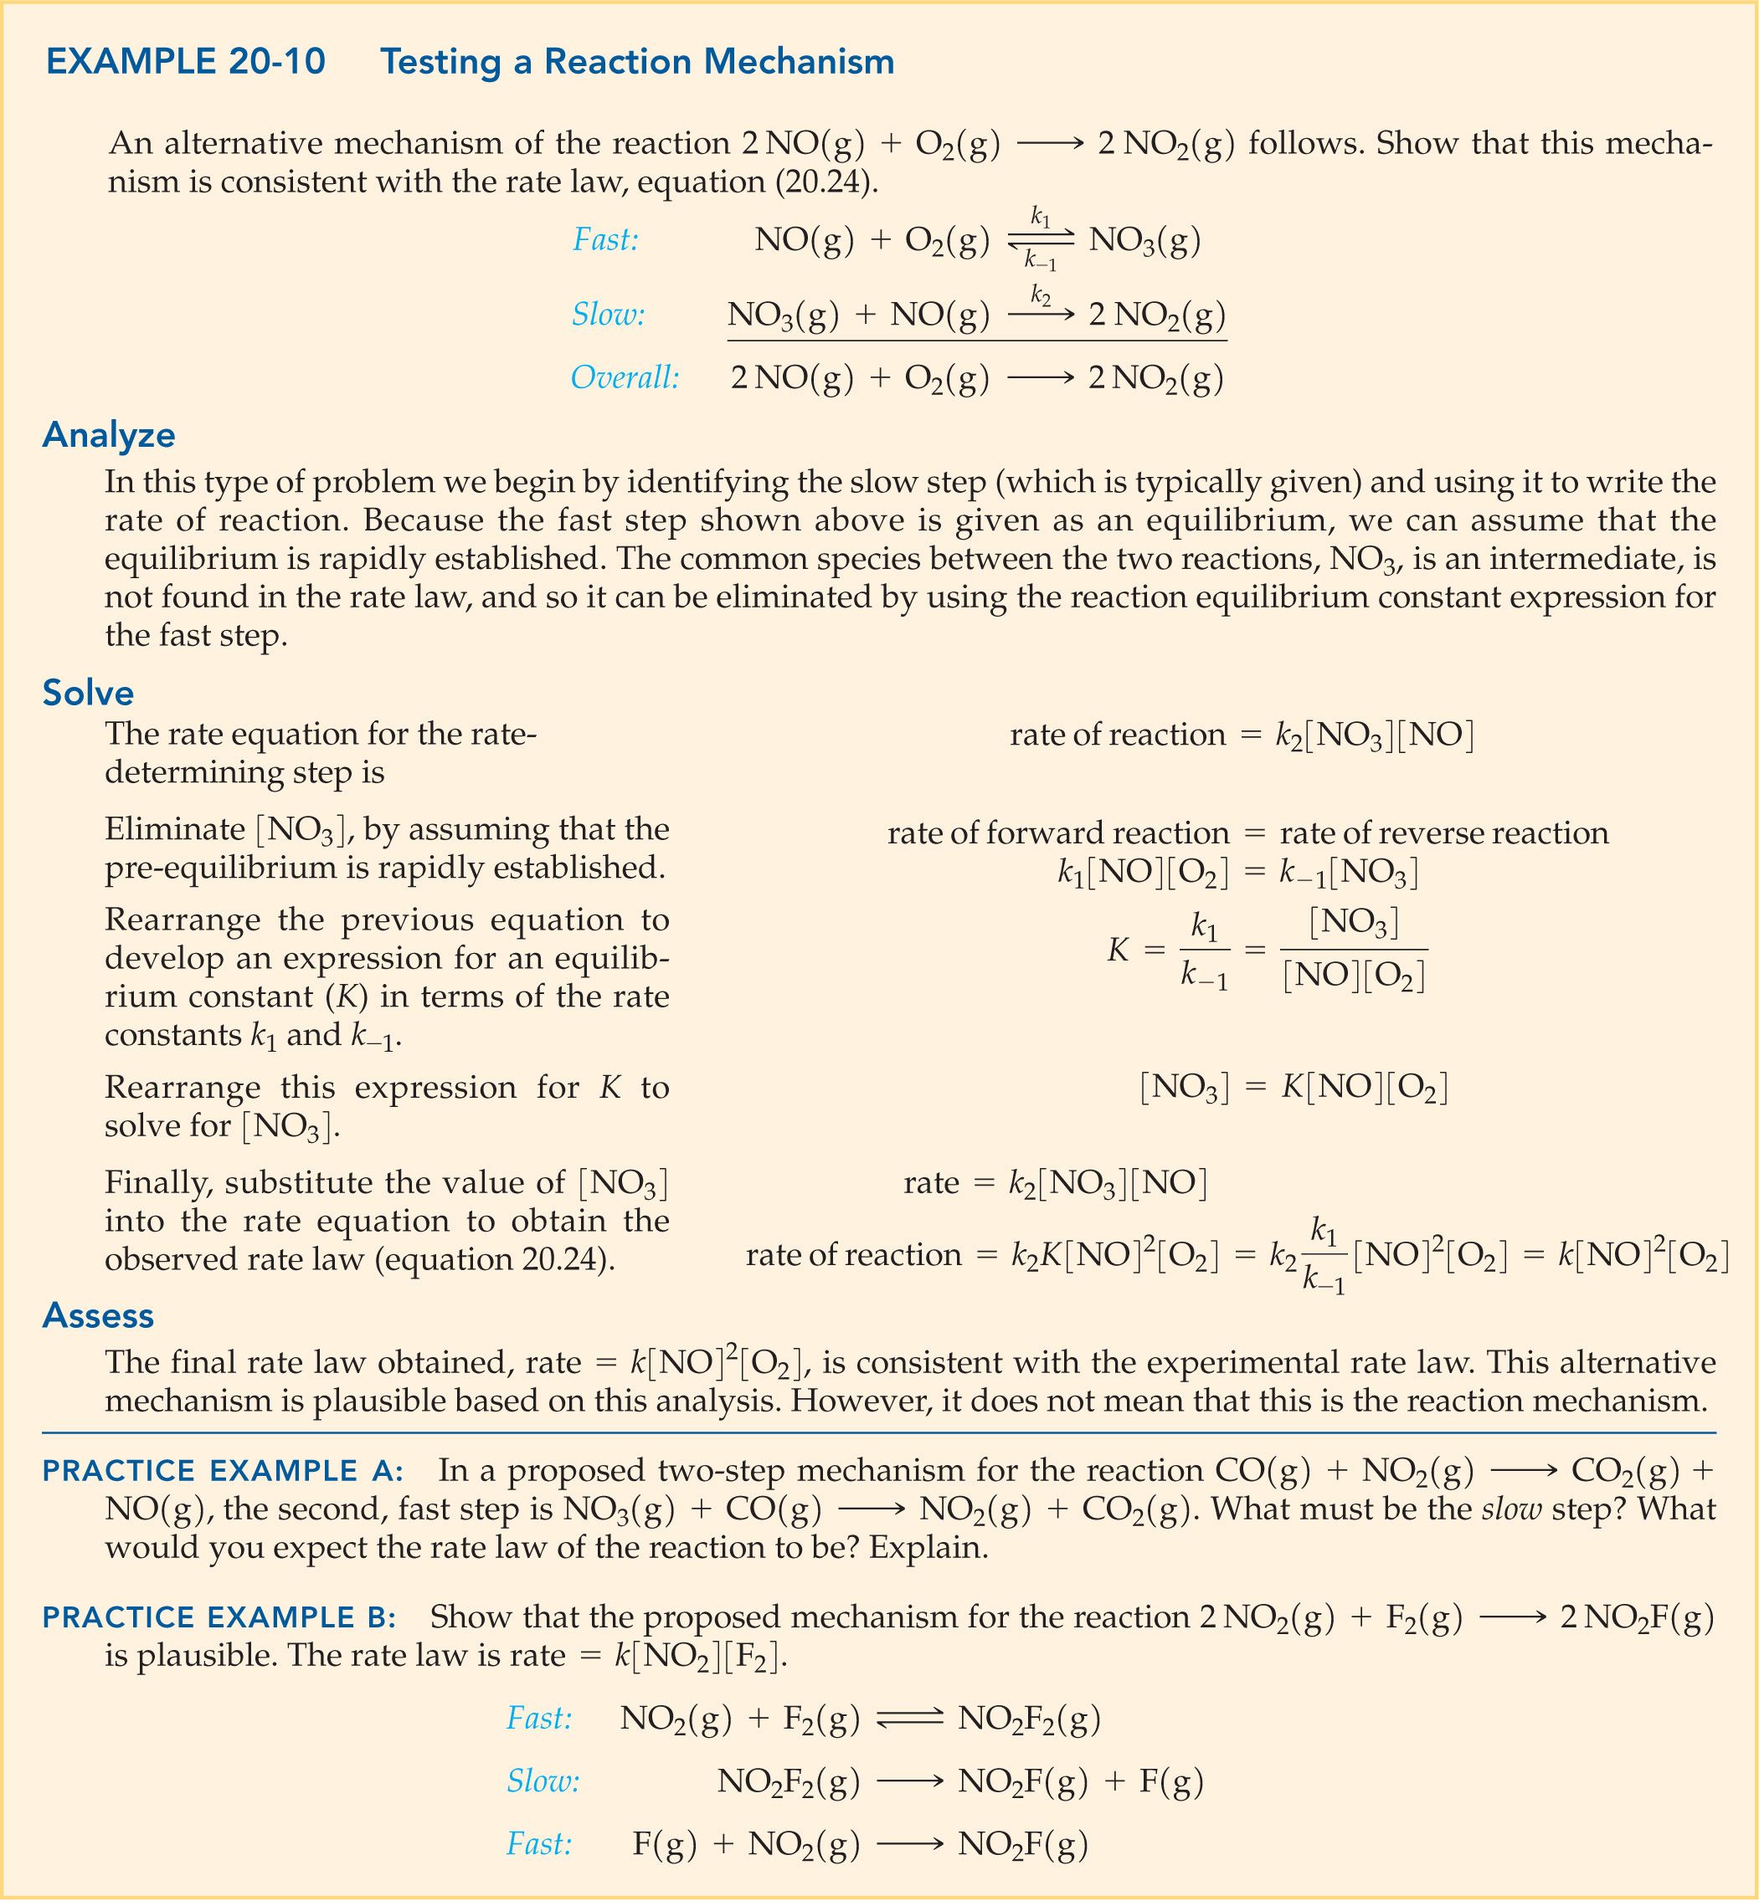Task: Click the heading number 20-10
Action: click(276, 62)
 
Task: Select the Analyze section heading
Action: click(109, 435)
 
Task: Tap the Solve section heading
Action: click(88, 692)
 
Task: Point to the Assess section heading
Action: click(98, 1315)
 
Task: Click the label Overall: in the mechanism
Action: click(625, 379)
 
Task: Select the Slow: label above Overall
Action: click(607, 314)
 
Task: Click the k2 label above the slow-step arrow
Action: click(1041, 296)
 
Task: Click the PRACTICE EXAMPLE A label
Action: click(223, 1471)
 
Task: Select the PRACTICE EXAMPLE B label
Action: click(219, 1617)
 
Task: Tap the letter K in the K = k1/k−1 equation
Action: click(1118, 950)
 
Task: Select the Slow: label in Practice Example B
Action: click(543, 1781)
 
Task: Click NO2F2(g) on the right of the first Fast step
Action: click(1029, 1719)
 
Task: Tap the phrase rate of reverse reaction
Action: click(1443, 833)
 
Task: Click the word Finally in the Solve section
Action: click(158, 1182)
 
